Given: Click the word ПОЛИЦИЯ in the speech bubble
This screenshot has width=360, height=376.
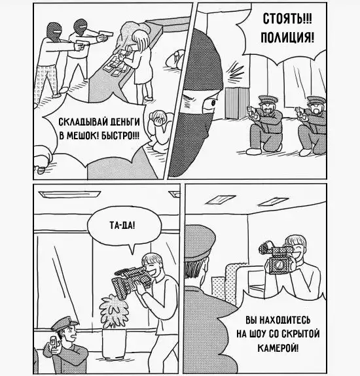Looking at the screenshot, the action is (287, 38).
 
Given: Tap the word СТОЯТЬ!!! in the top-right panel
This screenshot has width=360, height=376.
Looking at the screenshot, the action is (287, 18).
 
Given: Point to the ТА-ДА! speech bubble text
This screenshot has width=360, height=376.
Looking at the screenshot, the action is (122, 226).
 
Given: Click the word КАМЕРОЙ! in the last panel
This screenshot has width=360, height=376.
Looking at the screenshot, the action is (278, 347).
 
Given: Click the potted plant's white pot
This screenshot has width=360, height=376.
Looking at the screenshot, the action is (114, 343).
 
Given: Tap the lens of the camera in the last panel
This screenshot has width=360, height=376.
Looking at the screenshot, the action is (279, 264).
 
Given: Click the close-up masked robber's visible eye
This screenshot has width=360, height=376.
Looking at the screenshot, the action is (212, 103).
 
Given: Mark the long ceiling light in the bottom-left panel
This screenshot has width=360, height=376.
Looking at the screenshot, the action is (69, 194).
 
